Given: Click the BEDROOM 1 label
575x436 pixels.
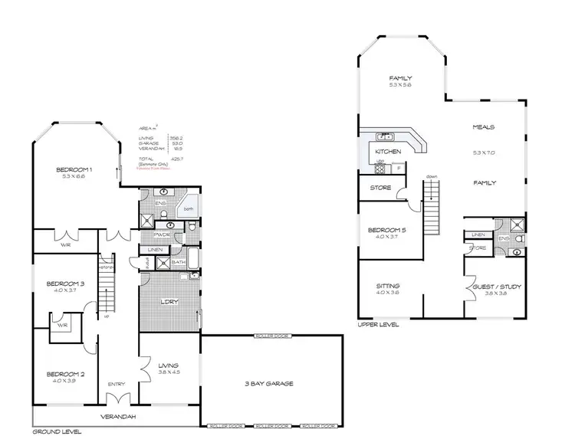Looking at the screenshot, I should (74, 169).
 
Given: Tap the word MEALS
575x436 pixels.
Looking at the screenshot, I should (484, 127).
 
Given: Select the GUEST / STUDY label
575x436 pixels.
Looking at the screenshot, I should (498, 287).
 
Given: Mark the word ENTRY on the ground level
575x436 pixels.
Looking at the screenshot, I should (116, 385).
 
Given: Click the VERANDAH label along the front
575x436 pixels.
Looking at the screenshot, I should (117, 416).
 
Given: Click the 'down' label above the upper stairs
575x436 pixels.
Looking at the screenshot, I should (432, 175).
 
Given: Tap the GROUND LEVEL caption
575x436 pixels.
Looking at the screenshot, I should (56, 431).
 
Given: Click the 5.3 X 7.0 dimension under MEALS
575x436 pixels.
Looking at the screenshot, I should (484, 152).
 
